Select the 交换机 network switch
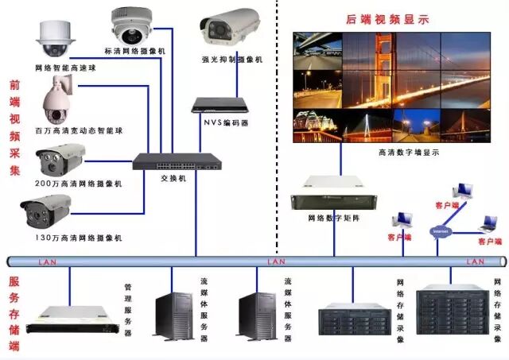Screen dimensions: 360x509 click(177, 161)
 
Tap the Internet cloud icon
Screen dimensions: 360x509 click(440, 231)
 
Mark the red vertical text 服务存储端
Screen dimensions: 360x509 click(14, 313)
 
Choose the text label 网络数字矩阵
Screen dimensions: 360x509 click(333, 218)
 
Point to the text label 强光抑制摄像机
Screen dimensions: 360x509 click(231, 60)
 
